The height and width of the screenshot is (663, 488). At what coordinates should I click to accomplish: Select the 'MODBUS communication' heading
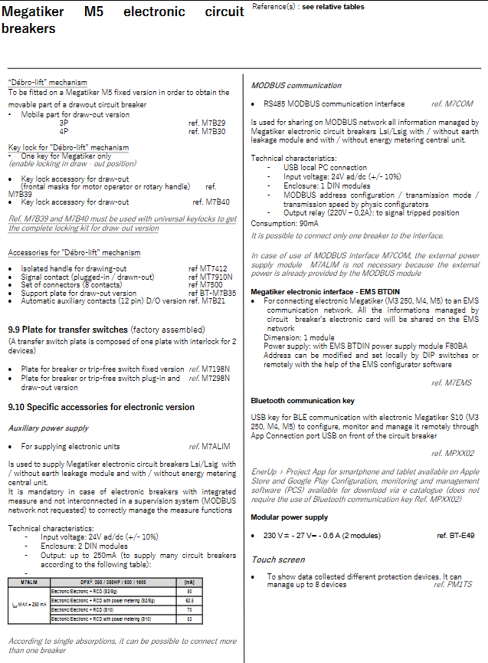pyautogui.click(x=296, y=85)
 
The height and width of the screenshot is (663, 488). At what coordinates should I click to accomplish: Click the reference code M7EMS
pyautogui.click(x=459, y=382)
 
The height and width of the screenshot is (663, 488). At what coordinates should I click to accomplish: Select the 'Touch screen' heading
pyautogui.click(x=278, y=560)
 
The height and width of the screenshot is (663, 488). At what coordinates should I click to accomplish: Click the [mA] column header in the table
pyautogui.click(x=188, y=583)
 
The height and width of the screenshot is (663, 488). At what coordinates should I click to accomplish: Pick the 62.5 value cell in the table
pyautogui.click(x=188, y=600)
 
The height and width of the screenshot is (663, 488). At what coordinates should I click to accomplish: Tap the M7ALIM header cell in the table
pyautogui.click(x=28, y=583)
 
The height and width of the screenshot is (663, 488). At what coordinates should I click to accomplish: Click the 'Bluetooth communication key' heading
pyautogui.click(x=303, y=400)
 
